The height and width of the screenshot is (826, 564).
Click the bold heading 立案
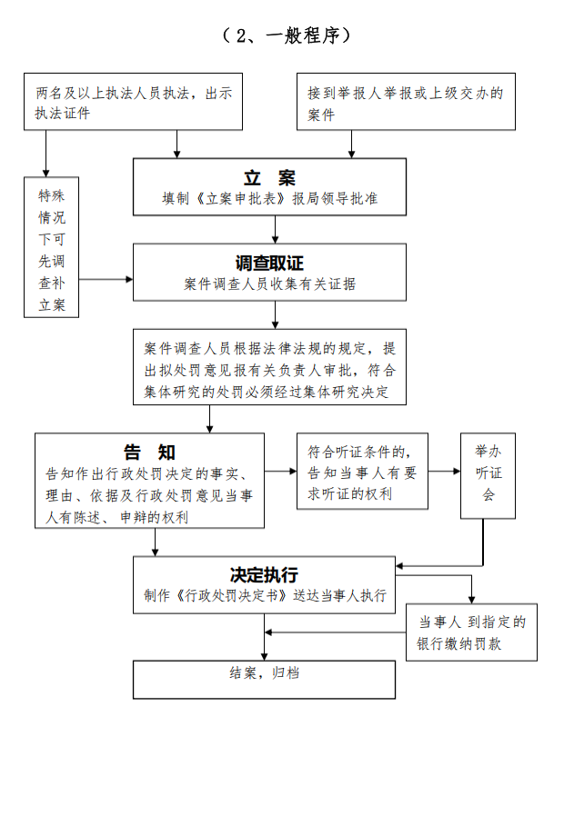point(269,178)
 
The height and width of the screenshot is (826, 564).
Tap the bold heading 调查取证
point(269,264)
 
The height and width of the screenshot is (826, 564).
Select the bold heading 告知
point(150,452)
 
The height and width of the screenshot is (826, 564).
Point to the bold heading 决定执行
point(264,575)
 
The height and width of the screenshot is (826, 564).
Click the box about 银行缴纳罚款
point(471,633)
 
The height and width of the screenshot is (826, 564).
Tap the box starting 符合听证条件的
point(362,472)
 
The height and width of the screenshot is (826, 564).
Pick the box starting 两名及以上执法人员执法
point(135,103)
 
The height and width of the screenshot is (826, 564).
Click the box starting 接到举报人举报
point(406,103)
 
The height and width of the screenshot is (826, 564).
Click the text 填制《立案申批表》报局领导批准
point(269,199)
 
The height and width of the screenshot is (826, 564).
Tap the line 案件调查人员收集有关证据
point(269,284)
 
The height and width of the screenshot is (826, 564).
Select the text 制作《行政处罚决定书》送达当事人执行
point(265,596)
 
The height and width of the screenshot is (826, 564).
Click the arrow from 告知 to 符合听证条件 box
point(281,472)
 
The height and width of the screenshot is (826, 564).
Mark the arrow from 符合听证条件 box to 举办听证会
point(444,472)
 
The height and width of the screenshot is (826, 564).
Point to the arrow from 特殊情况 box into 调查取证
point(106,278)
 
